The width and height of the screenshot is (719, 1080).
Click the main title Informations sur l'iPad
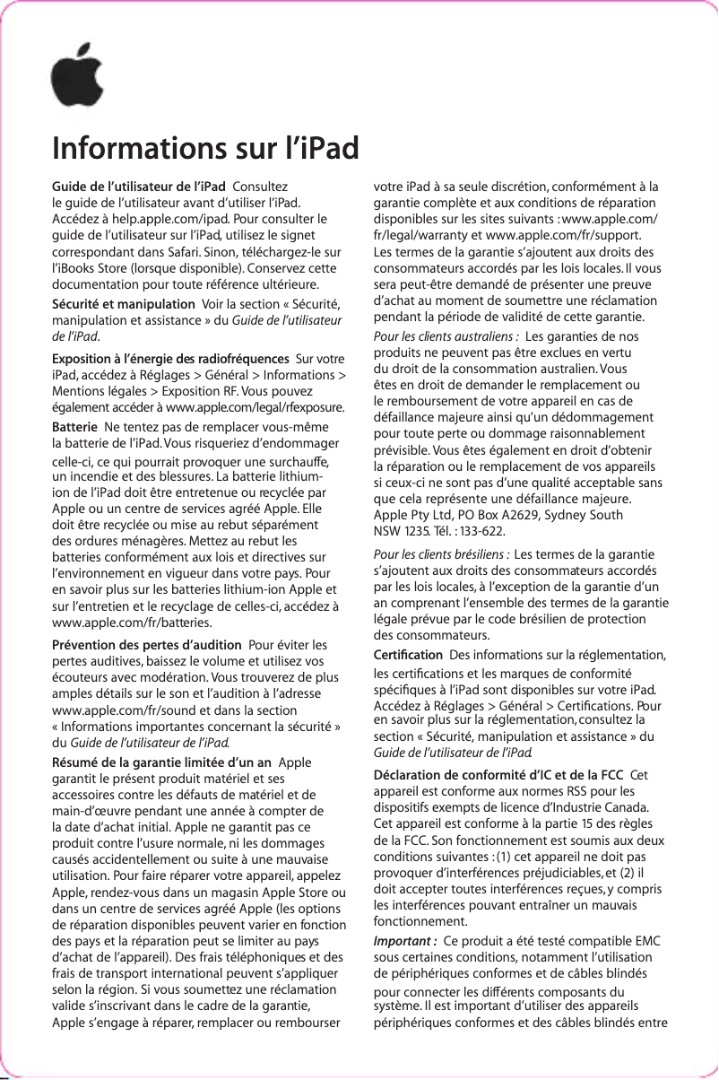(205, 147)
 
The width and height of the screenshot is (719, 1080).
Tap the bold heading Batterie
(75, 424)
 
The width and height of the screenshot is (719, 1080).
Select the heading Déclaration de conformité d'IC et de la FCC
(498, 775)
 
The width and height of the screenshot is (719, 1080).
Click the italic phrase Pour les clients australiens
(443, 336)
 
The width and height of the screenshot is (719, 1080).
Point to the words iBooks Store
(98, 267)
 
